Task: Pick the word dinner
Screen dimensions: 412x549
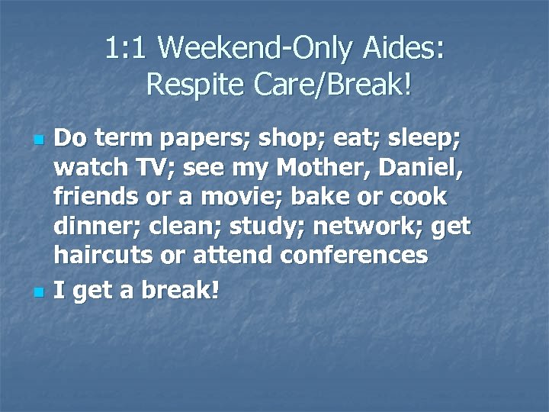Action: point(93,227)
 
